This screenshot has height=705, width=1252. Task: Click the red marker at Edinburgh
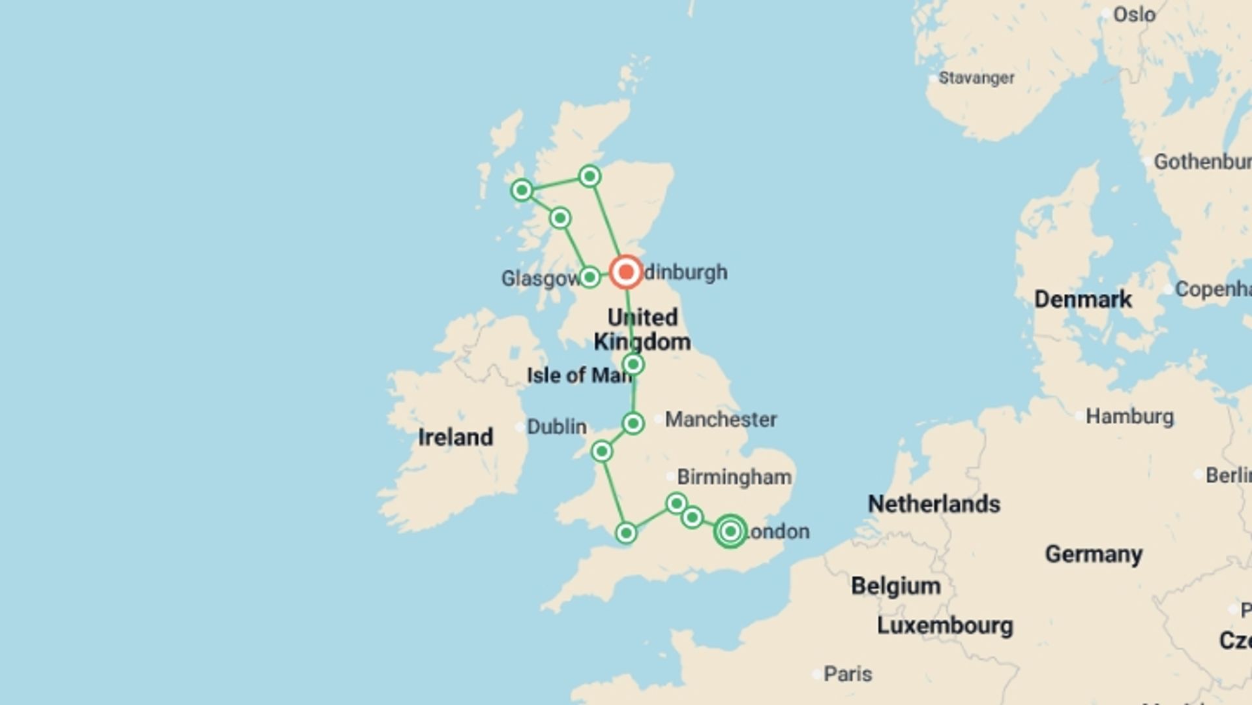(x=626, y=272)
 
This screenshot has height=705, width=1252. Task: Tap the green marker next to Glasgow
(x=589, y=277)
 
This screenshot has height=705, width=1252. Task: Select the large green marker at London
(x=730, y=531)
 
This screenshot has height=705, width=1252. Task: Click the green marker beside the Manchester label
(x=633, y=424)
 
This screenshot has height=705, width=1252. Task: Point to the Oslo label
(x=1134, y=14)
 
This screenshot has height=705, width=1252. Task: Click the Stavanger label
(x=976, y=78)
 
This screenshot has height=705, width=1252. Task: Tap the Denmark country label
(x=1083, y=300)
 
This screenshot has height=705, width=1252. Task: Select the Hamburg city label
(x=1129, y=416)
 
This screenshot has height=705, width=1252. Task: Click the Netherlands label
(x=934, y=504)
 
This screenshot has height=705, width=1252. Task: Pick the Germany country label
(x=1094, y=554)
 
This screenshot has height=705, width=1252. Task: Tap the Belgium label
(x=895, y=586)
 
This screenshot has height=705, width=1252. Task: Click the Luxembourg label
(x=945, y=625)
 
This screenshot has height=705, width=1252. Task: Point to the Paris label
(x=848, y=674)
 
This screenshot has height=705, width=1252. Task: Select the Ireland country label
(x=455, y=437)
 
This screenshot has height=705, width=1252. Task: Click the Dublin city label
(x=556, y=427)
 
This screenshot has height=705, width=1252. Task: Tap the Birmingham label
(x=734, y=477)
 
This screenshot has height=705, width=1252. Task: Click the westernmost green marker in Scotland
(x=522, y=191)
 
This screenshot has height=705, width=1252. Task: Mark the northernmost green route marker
(x=590, y=176)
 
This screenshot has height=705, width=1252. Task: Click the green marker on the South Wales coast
(x=626, y=533)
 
